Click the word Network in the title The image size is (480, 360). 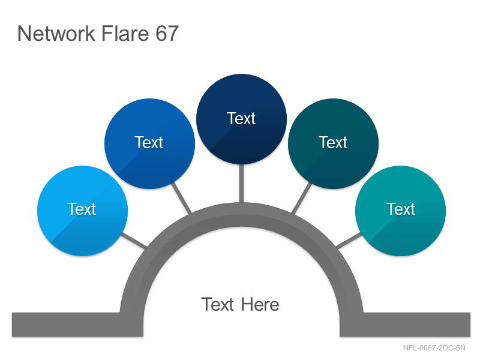(56, 34)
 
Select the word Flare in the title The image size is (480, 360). (125, 34)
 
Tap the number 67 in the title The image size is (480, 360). (167, 34)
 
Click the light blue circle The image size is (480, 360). (82, 211)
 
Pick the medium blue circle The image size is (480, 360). (149, 143)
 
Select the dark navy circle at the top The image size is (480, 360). (242, 119)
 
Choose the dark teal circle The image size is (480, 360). (334, 143)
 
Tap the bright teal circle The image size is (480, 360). (400, 211)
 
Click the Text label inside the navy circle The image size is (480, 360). (241, 118)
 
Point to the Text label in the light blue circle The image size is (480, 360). (82, 209)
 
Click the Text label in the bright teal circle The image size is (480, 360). (401, 209)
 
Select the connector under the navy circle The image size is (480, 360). (242, 184)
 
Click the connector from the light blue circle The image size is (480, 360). (134, 241)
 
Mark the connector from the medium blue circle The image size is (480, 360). (181, 198)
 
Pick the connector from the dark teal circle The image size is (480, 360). (302, 198)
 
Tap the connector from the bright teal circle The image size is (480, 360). (349, 241)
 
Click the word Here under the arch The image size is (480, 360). (260, 305)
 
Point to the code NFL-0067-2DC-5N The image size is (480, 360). (434, 348)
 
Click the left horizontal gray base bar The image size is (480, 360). (77, 325)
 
